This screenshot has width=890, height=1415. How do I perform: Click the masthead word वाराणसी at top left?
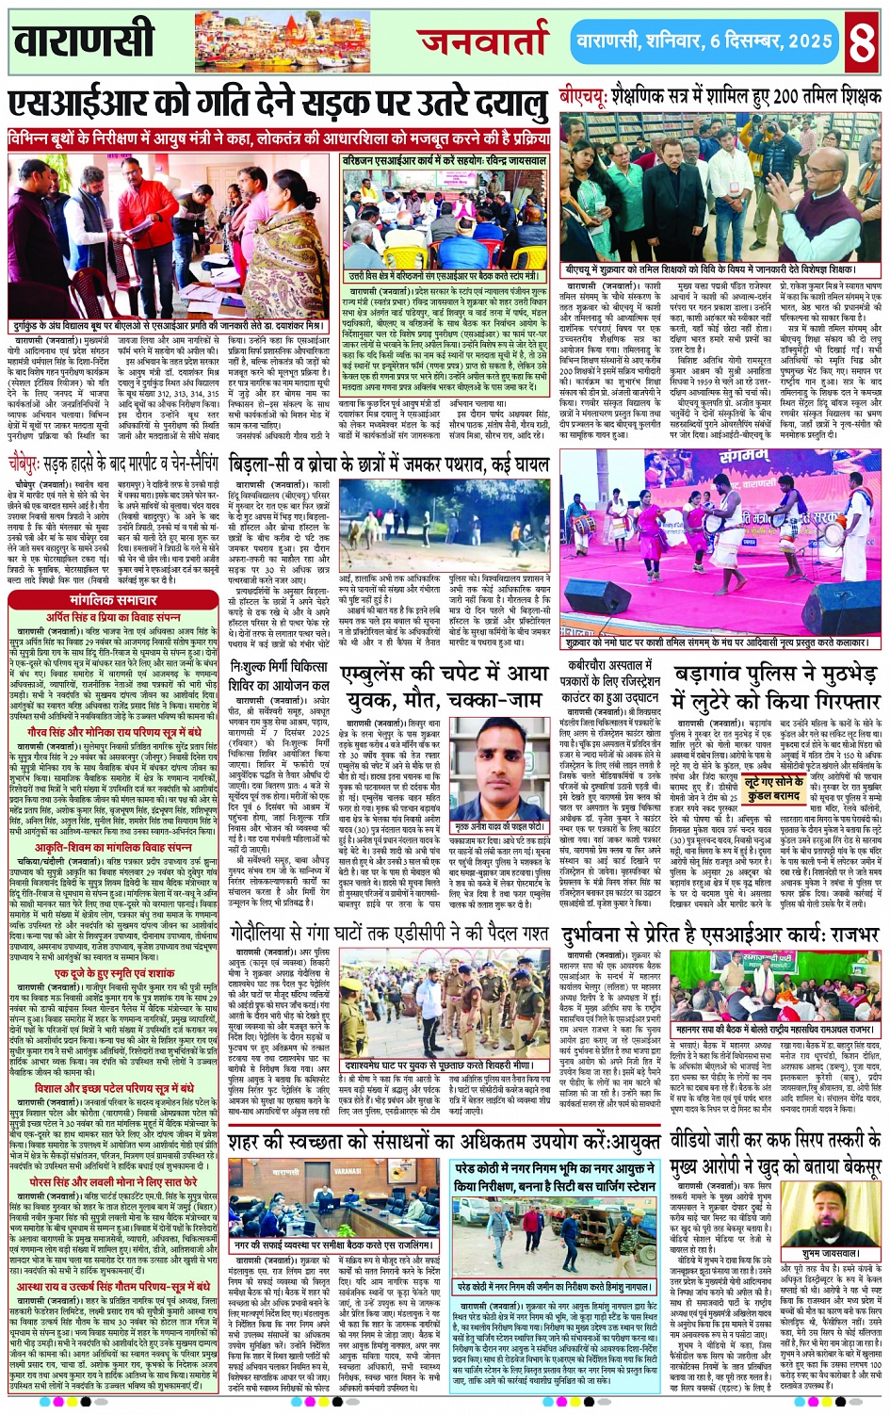pyautogui.click(x=84, y=41)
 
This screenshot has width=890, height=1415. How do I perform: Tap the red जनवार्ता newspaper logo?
pyautogui.click(x=484, y=42)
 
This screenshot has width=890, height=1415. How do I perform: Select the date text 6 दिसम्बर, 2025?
pyautogui.click(x=771, y=42)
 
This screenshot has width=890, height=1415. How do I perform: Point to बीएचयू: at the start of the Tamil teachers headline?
pyautogui.click(x=583, y=97)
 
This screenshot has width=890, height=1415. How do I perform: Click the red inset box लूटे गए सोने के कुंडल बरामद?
pyautogui.click(x=773, y=789)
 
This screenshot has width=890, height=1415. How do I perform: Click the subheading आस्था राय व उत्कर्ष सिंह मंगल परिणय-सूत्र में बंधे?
pyautogui.click(x=113, y=1286)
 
